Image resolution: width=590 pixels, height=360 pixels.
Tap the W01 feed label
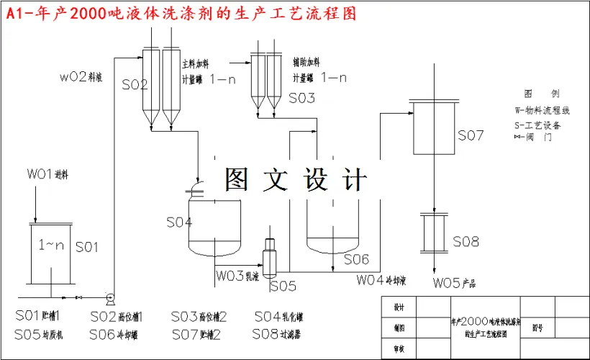tap(47, 174)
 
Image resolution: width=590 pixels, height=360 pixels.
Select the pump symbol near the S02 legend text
tap(110, 297)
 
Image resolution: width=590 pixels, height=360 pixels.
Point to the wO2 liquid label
tap(81, 75)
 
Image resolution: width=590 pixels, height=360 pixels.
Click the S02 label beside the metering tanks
tap(135, 84)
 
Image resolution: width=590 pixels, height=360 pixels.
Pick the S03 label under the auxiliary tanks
tap(301, 99)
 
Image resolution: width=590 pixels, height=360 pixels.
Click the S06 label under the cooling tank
tap(356, 259)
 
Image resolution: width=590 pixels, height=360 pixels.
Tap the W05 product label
tap(454, 282)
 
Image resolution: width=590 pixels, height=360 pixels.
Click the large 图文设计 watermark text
tap(296, 179)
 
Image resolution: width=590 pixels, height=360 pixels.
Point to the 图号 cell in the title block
tap(537, 328)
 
